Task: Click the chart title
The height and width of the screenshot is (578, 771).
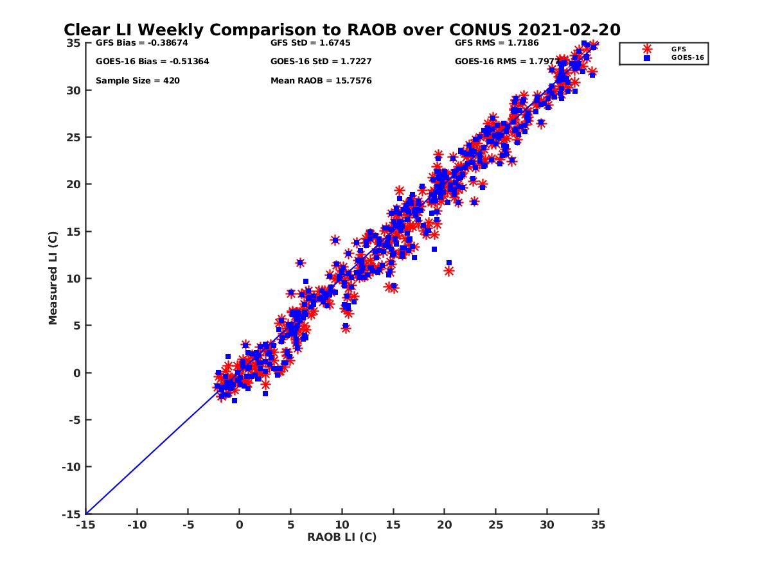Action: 342,30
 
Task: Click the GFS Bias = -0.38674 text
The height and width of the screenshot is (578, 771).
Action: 141,43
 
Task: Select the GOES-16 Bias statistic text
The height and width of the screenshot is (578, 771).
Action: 152,62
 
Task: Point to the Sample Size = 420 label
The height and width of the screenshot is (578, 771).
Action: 137,81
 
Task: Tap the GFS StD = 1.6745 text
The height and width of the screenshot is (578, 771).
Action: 310,43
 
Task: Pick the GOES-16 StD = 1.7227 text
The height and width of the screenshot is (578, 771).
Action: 321,62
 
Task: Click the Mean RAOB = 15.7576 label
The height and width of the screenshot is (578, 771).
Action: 321,81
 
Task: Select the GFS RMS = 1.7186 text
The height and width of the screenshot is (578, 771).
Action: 496,43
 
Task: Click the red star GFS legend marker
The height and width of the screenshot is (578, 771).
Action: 646,49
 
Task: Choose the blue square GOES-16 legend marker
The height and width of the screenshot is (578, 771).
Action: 646,58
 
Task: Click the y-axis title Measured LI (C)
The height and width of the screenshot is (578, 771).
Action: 53,277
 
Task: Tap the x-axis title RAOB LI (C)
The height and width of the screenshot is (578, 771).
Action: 341,537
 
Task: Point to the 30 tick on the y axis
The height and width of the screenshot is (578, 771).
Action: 73,91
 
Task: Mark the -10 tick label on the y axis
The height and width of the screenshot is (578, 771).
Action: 72,467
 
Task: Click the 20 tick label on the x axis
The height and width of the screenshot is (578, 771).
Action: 445,525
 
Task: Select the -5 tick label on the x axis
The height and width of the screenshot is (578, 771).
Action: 188,525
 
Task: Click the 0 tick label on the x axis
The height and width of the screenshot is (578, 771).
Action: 239,525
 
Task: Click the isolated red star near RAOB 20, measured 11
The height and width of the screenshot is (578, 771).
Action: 448,270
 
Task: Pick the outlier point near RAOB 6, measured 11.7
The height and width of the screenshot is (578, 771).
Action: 300,263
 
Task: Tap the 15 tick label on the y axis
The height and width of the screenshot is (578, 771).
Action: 73,232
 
